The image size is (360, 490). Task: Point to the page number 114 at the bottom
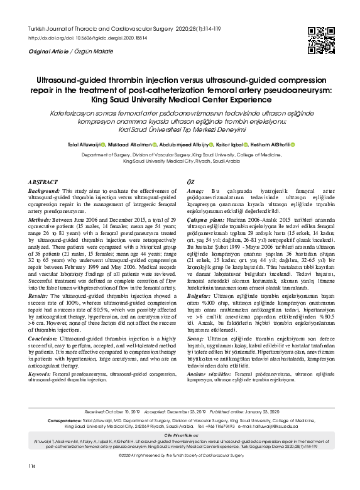(31, 482)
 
